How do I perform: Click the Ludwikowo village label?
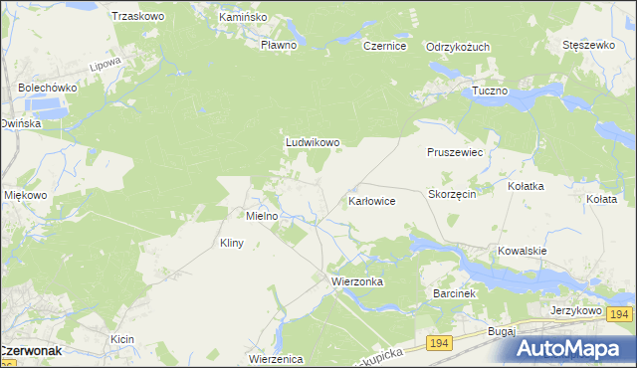pyautogui.click(x=313, y=142)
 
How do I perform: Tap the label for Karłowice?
pyautogui.click(x=372, y=201)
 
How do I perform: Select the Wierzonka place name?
pyautogui.click(x=356, y=281)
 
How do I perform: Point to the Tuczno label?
pyautogui.click(x=490, y=91)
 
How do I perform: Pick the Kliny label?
pyautogui.click(x=231, y=243)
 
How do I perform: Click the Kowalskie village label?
pyautogui.click(x=524, y=251)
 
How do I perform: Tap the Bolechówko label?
pyautogui.click(x=47, y=88)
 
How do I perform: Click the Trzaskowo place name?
pyautogui.click(x=137, y=16)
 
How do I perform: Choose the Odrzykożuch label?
pyautogui.click(x=458, y=47)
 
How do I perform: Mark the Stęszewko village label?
pyautogui.click(x=587, y=46)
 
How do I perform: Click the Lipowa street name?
pyautogui.click(x=105, y=63)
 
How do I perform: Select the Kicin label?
pyautogui.click(x=122, y=340)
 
